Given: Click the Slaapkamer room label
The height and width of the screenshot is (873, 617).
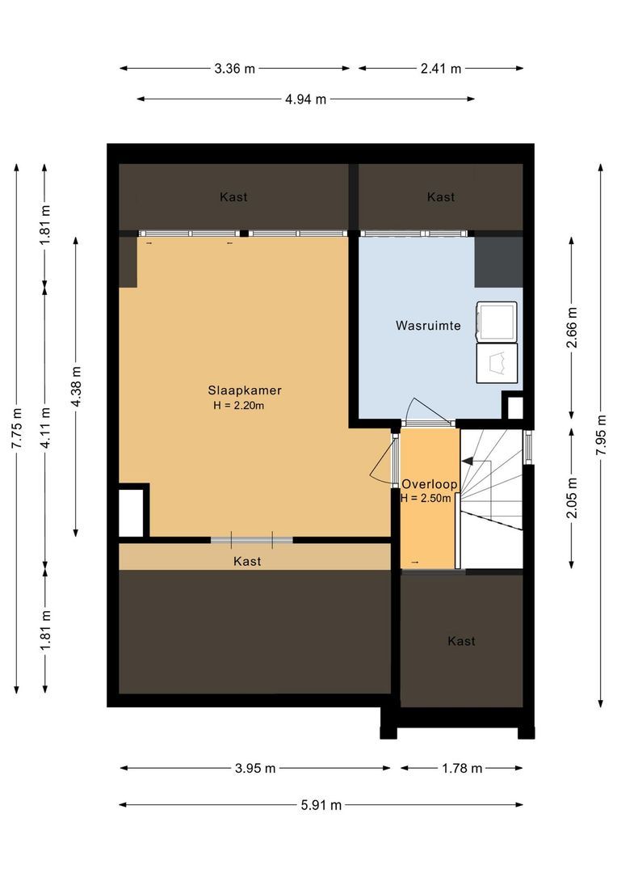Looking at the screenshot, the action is click(x=245, y=390).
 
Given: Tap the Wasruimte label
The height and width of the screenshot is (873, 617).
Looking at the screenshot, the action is click(x=428, y=326).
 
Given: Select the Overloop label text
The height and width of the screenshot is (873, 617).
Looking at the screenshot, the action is click(x=430, y=484).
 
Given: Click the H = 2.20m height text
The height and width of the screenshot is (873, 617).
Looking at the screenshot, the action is click(x=239, y=405).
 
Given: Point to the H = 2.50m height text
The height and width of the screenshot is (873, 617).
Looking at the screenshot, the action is click(x=426, y=498).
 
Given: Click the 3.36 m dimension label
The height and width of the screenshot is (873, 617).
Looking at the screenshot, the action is click(x=235, y=69).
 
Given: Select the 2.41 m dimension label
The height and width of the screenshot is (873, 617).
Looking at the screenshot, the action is click(x=441, y=69).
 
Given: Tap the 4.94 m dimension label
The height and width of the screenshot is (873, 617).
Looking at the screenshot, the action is click(x=305, y=99).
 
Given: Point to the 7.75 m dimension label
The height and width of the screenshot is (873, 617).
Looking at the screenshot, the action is click(x=17, y=428).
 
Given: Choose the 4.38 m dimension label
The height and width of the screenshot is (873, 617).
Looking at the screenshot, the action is click(x=76, y=386).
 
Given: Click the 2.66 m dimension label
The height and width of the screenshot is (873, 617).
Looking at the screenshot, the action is click(x=572, y=327).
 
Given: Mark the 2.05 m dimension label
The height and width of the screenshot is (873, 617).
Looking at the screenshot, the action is click(x=572, y=498).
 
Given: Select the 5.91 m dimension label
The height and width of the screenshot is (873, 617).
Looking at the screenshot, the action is click(x=321, y=805).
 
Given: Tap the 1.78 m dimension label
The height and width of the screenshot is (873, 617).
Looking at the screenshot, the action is click(x=462, y=769).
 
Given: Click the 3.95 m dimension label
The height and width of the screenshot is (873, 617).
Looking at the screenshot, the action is click(x=255, y=769).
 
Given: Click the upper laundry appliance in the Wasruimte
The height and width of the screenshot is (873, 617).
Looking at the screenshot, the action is click(x=497, y=321).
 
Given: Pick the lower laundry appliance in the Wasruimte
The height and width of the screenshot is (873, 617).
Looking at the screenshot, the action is click(x=497, y=363).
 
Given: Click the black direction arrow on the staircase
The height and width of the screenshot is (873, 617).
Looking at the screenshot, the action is click(x=468, y=461).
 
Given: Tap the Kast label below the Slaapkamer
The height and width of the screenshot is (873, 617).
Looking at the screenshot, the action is click(x=247, y=561).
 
